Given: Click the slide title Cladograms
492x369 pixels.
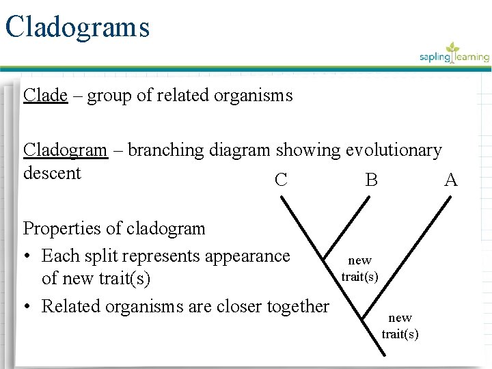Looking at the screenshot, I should (x=77, y=27).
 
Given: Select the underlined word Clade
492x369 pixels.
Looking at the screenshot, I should (x=45, y=95).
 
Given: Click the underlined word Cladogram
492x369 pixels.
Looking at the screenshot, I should (x=66, y=150).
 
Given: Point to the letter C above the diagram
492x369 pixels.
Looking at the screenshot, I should (x=280, y=180).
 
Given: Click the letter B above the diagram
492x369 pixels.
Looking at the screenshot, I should (x=371, y=180).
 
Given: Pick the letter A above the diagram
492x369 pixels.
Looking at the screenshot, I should (x=450, y=180).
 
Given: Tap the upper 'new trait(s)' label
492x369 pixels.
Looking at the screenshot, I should (x=359, y=268).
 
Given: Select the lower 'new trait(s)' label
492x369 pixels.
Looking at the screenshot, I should (x=400, y=326).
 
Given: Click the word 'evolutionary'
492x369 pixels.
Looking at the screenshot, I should (x=394, y=150).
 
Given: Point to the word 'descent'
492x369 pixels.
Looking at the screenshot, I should (x=52, y=173).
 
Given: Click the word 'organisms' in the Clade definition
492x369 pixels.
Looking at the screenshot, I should (x=255, y=95).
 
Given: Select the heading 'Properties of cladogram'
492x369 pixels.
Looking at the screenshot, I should (x=114, y=228).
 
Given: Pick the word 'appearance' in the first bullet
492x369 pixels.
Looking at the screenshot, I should (x=247, y=256).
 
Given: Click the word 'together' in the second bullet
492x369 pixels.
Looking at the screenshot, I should (x=297, y=306).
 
